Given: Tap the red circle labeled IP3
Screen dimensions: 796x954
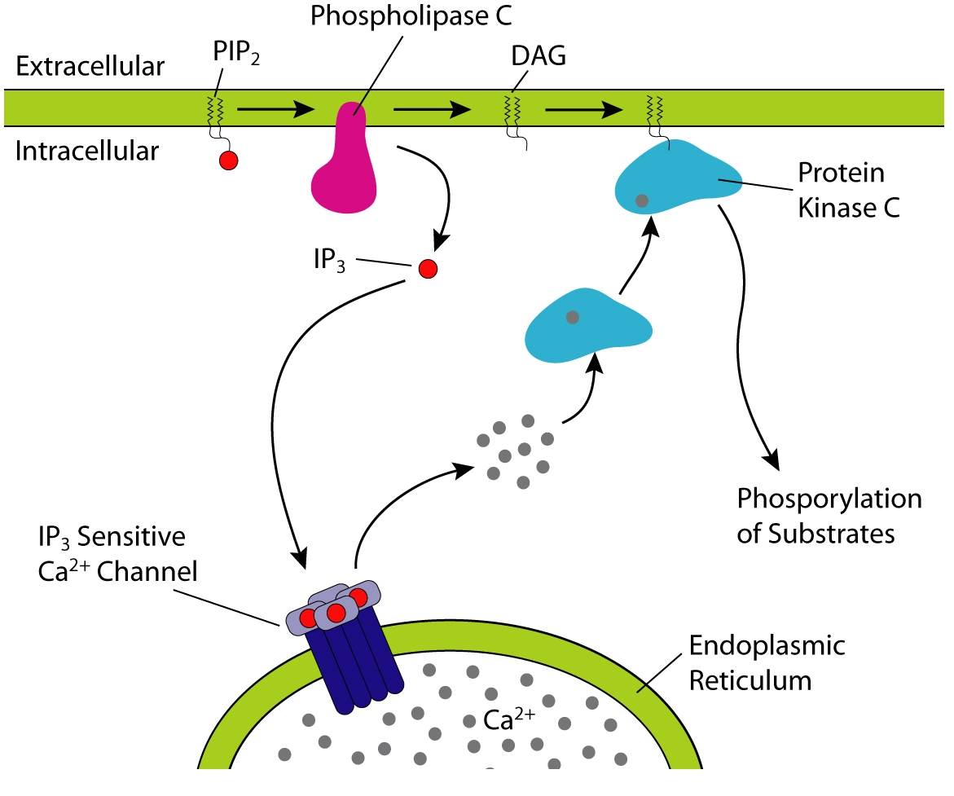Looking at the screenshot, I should [427, 268].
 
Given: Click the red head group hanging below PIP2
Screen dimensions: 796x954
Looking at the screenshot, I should [228, 161].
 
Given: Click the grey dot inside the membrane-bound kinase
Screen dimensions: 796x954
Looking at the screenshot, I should [642, 200].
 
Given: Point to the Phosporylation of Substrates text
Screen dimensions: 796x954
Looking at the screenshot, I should [829, 517].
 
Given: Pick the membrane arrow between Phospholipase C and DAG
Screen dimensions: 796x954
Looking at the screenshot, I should [433, 107].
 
